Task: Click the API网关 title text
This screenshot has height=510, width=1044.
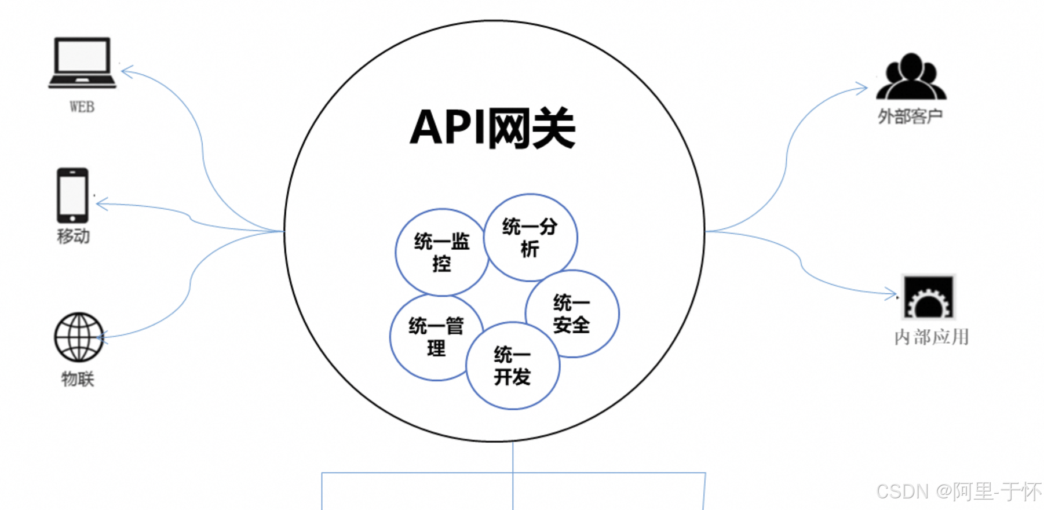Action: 492,128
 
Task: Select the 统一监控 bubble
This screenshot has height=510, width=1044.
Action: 441,252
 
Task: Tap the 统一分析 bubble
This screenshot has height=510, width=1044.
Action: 530,238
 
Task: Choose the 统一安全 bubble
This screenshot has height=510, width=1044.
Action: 572,314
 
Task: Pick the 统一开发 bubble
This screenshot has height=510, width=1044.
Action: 513,366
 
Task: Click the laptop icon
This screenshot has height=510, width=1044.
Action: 82,63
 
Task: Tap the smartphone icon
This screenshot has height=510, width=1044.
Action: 72,195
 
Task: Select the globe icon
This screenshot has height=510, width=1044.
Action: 79,337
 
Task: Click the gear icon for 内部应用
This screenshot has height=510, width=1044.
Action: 929,297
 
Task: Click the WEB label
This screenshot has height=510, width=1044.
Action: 82,107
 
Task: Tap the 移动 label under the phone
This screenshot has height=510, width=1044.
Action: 73,236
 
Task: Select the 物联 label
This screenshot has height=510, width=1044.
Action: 78,379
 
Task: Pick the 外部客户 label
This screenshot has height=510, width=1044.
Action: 910,117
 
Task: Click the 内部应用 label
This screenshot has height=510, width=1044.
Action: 931,337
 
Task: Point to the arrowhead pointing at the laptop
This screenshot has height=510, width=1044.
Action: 126,72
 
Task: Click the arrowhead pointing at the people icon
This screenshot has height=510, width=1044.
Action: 862,88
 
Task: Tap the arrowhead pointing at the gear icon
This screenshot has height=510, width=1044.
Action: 892,294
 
